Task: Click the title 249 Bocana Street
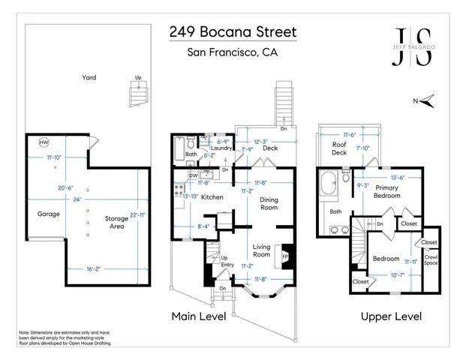coord(232,32)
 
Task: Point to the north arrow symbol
coord(426,100)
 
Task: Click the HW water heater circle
coord(44,142)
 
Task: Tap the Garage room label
coord(49,214)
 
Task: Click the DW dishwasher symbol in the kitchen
coord(193,176)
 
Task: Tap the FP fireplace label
coord(285,256)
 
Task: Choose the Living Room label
coord(261,250)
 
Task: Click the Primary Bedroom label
coord(387,191)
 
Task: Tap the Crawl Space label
coord(431,260)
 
